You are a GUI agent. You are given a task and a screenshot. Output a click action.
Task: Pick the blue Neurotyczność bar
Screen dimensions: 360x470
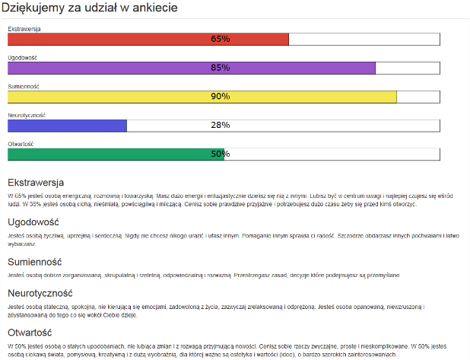pos(67,126)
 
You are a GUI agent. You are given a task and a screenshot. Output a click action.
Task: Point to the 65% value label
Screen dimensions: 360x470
pos(221,39)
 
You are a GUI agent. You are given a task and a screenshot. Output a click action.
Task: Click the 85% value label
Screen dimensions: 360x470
pos(221,68)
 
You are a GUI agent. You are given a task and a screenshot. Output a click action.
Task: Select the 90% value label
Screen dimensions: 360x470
pos(221,97)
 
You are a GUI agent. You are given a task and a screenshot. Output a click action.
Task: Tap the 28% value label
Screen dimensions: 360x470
pos(221,126)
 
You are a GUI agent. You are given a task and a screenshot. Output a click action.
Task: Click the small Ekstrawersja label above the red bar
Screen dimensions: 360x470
pos(24,29)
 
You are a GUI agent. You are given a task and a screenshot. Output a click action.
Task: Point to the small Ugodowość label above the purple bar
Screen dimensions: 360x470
pos(23,58)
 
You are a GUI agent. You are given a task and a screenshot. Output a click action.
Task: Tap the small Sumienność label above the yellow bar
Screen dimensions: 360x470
pos(23,86)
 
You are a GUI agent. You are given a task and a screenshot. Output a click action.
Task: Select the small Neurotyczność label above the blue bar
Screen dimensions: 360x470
pos(27,115)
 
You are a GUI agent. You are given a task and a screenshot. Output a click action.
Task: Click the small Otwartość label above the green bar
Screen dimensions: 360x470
pos(21,144)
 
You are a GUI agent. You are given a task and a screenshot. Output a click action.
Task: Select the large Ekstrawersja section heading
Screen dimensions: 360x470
pos(36,183)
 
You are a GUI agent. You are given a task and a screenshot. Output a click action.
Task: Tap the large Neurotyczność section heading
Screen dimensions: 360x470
pos(40,293)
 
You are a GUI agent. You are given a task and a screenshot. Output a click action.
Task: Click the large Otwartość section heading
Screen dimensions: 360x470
pos(29,332)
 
